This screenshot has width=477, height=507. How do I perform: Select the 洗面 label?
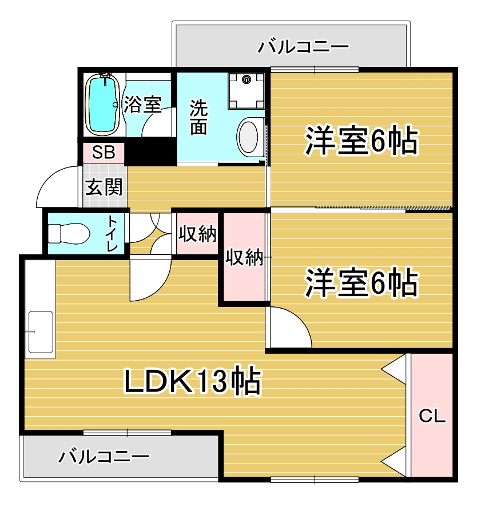pyautogui.click(x=198, y=117)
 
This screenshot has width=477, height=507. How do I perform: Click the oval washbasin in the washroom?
pyautogui.click(x=249, y=137)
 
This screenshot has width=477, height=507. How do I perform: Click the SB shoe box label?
pyautogui.click(x=104, y=153)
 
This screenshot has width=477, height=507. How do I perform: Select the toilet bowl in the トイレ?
pyautogui.click(x=69, y=233)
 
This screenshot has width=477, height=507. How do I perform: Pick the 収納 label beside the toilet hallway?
pyautogui.click(x=197, y=234)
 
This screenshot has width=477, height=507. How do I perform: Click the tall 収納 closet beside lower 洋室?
pyautogui.click(x=244, y=258)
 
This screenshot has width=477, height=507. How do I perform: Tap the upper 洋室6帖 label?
pyautogui.click(x=361, y=141)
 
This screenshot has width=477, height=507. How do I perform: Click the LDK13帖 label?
pyautogui.click(x=193, y=381)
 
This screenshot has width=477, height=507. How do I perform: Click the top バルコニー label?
pyautogui.click(x=303, y=46)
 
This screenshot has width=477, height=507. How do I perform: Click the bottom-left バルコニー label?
pyautogui.click(x=105, y=456)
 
